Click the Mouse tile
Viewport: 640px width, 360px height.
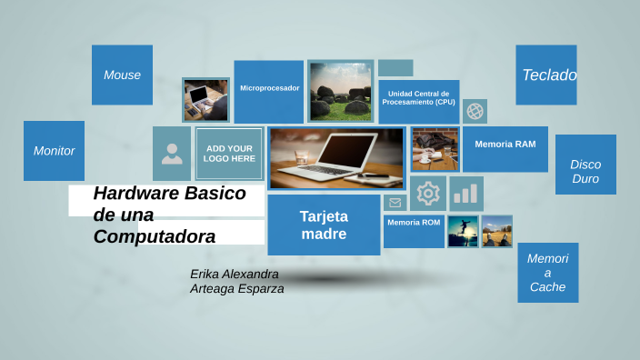pyautogui.click(x=122, y=75)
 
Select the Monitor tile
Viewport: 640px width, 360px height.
pyautogui.click(x=54, y=151)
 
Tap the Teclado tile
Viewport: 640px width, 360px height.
pyautogui.click(x=546, y=75)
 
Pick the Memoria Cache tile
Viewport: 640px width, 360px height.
pyautogui.click(x=547, y=273)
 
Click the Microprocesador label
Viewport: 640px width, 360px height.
pyautogui.click(x=269, y=88)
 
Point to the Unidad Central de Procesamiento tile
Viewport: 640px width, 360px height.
pyautogui.click(x=419, y=99)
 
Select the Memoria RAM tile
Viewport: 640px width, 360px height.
pyautogui.click(x=505, y=145)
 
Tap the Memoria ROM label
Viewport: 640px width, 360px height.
pyautogui.click(x=414, y=223)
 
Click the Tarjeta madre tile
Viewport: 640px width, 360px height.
pyautogui.click(x=324, y=225)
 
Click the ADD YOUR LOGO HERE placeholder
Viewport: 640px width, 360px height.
pyautogui.click(x=229, y=154)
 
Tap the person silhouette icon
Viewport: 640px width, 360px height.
pyautogui.click(x=172, y=154)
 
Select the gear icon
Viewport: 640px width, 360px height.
pyautogui.click(x=427, y=194)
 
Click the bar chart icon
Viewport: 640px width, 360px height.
pyautogui.click(x=465, y=194)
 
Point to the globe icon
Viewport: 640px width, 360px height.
pyautogui.click(x=475, y=111)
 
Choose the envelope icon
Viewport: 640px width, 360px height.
pyautogui.click(x=395, y=203)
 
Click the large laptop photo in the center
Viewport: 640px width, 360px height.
pyautogui.click(x=336, y=157)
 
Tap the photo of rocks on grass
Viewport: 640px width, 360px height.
pyautogui.click(x=341, y=91)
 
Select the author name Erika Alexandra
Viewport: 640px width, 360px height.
pyautogui.click(x=235, y=274)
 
